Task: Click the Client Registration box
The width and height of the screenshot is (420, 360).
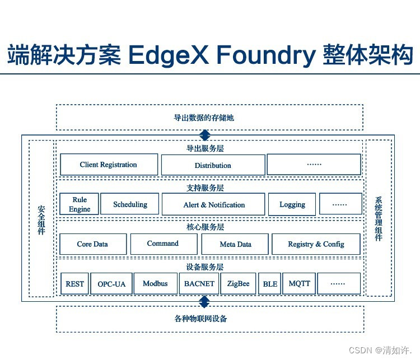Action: click(x=108, y=165)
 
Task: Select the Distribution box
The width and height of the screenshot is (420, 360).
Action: click(x=213, y=165)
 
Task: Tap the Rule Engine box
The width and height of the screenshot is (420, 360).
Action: click(x=80, y=204)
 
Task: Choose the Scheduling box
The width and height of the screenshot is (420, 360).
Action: click(x=130, y=204)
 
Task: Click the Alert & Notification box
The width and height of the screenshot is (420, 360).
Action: click(x=213, y=204)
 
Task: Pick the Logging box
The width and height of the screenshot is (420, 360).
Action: click(x=292, y=204)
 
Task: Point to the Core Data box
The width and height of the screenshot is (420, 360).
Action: click(x=92, y=244)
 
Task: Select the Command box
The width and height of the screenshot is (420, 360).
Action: click(x=163, y=244)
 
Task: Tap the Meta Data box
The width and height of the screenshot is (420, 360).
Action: click(x=235, y=244)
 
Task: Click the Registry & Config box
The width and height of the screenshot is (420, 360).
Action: click(x=316, y=244)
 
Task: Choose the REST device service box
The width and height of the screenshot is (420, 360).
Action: click(x=74, y=284)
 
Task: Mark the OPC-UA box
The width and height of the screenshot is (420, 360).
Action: click(x=111, y=284)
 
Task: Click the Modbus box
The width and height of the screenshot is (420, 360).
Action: click(x=155, y=284)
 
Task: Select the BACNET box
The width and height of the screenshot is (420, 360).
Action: click(x=199, y=284)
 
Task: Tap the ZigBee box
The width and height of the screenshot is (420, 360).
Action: click(x=239, y=284)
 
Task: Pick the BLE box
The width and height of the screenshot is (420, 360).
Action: click(x=270, y=284)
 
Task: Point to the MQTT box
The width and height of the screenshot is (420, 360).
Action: click(x=299, y=284)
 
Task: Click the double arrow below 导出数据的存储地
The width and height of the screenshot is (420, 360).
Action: click(x=205, y=135)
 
